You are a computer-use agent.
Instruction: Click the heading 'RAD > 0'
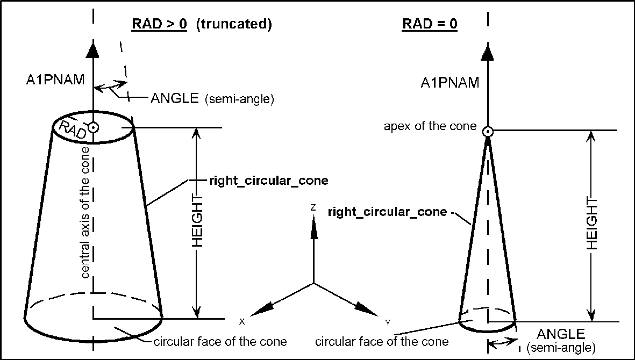click(x=159, y=25)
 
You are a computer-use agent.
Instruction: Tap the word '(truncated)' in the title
click(x=234, y=25)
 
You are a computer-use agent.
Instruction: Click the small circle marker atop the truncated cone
click(x=94, y=128)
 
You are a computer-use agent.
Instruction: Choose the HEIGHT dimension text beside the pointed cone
click(x=591, y=226)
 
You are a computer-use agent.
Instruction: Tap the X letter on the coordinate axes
click(x=242, y=321)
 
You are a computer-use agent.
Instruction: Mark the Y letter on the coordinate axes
click(x=387, y=322)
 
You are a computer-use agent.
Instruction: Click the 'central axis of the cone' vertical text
click(x=85, y=218)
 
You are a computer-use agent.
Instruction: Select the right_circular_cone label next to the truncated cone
click(x=268, y=181)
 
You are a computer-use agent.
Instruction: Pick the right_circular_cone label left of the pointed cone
click(x=387, y=212)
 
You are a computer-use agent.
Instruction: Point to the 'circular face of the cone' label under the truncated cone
click(x=220, y=342)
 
